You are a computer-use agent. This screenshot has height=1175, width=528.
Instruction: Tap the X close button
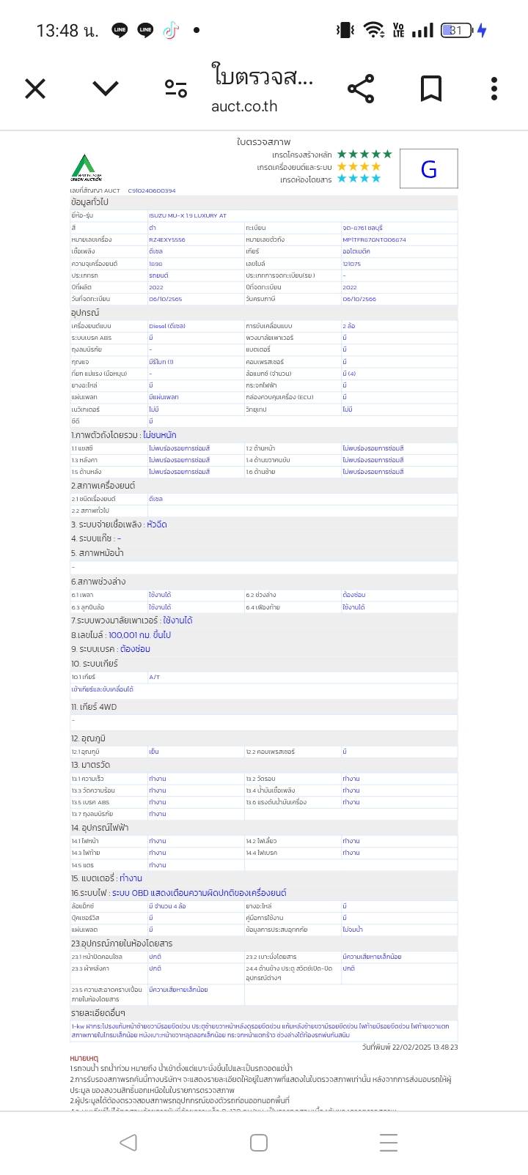click(35, 89)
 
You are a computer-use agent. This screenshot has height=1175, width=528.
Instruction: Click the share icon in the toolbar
click(361, 89)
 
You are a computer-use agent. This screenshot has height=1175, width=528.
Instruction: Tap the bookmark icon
click(431, 89)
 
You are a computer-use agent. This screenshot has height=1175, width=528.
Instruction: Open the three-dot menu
click(494, 89)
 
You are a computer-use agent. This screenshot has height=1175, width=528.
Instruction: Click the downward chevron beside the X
click(106, 89)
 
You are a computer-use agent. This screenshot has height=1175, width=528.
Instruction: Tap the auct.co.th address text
click(244, 106)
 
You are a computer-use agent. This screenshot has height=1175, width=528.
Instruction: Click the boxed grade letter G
click(429, 169)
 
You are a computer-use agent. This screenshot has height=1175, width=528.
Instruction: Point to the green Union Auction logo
click(86, 168)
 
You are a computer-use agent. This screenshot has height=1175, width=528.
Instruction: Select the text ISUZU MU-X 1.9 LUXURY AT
click(188, 216)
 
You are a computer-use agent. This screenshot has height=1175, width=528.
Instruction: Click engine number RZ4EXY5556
click(167, 240)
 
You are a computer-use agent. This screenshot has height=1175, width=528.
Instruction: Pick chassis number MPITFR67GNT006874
click(374, 240)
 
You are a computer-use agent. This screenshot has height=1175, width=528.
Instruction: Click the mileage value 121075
click(351, 264)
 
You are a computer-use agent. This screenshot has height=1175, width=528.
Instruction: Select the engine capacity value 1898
click(155, 264)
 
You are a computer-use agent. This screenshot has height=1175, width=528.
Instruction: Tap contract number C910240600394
click(152, 190)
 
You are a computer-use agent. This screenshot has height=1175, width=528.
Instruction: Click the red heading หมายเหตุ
click(84, 1059)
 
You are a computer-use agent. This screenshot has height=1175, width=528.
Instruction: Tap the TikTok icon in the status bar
click(170, 30)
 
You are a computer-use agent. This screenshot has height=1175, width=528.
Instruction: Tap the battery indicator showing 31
click(456, 30)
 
